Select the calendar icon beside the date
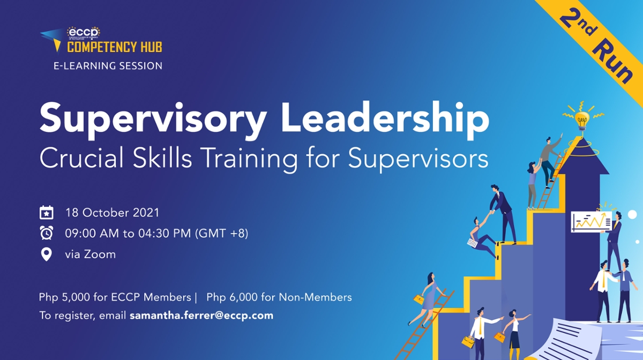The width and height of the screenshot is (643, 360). click(x=47, y=213)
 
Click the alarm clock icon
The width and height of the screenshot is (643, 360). click(x=47, y=233)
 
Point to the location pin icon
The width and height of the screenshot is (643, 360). click(x=47, y=254)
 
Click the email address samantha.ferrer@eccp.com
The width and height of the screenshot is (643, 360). click(x=201, y=316)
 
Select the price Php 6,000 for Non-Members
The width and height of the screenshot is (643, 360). click(x=279, y=297)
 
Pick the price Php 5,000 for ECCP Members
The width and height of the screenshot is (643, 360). click(x=115, y=297)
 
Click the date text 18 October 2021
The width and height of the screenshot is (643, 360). click(x=112, y=212)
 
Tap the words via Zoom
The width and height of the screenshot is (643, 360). click(x=90, y=254)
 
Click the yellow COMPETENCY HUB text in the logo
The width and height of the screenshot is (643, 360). click(x=115, y=47)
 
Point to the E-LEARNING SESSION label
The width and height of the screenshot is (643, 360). click(x=107, y=66)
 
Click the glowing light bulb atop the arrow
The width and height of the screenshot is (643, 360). click(x=582, y=119)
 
